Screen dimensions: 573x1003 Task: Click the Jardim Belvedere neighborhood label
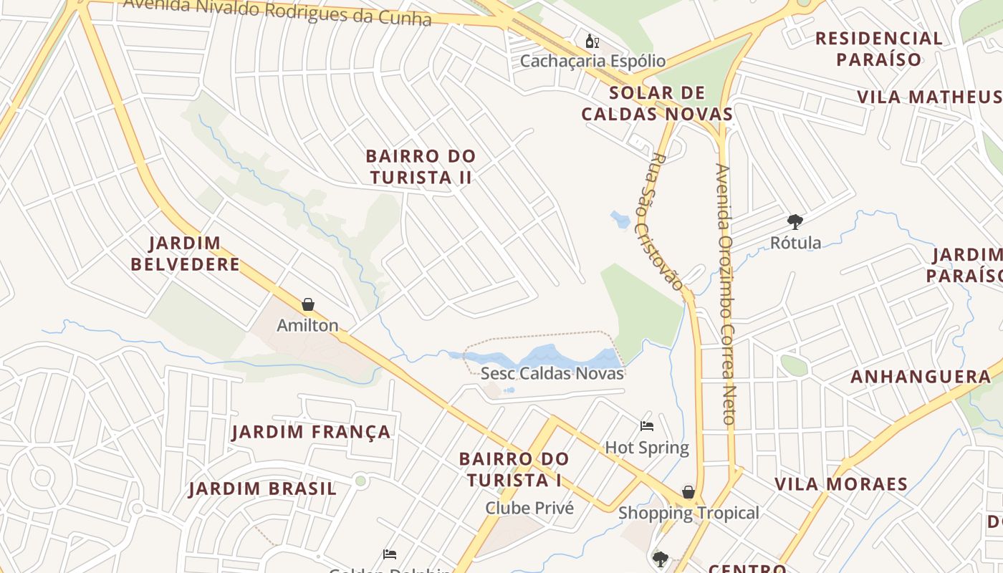coord(185,254)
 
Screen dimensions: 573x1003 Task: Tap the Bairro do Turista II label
coord(421,166)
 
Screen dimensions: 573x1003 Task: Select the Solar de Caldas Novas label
coord(657,103)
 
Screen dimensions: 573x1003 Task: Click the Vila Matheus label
coord(929,97)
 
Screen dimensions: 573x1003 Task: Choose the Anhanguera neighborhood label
coord(921,377)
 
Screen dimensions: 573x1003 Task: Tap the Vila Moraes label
coord(841,483)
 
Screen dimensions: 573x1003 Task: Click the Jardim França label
coord(312,432)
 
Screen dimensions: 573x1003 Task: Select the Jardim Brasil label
coord(262,489)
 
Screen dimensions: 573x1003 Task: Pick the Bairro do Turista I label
coord(514,469)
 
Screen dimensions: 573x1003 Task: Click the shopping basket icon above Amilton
coord(308,304)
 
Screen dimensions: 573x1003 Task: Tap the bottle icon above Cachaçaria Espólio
coord(592,42)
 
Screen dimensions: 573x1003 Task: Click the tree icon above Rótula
coord(795,221)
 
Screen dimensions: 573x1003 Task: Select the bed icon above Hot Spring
coord(647,426)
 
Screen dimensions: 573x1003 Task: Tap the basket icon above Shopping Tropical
coord(688,492)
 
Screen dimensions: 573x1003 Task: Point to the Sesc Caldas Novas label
coord(552,373)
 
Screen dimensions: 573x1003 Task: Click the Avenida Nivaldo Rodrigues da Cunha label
coord(277,10)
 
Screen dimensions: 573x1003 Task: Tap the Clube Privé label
coord(529,508)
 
